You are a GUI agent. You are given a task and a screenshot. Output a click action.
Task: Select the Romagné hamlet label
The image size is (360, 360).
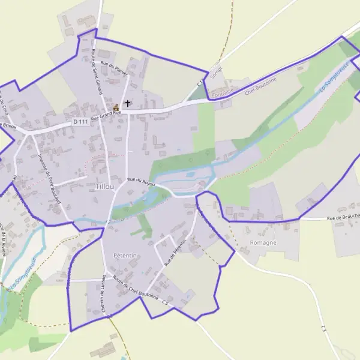point(263,242)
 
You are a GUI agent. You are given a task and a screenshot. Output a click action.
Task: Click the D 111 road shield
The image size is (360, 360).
point(80,122)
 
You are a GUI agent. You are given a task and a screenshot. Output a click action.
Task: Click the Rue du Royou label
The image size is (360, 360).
point(141,181)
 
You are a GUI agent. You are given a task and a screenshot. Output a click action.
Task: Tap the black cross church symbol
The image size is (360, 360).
point(128,103)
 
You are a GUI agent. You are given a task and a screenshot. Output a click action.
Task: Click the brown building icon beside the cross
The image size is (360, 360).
point(116,106)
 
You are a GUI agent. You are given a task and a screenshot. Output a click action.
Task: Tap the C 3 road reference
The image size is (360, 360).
point(324,329)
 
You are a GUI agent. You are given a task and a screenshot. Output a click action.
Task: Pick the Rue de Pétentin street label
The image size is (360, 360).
point(176,251)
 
